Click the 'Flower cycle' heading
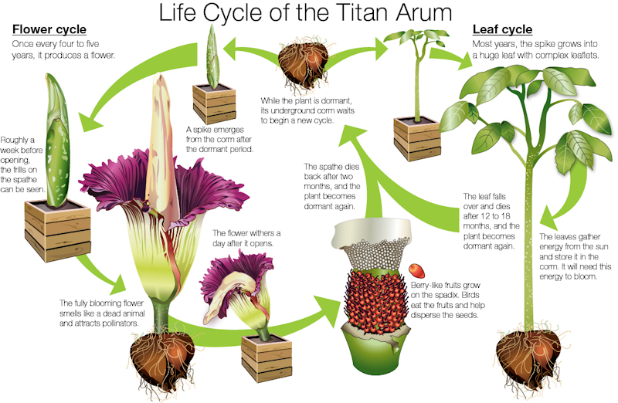tap(49, 29)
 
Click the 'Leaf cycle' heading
tap(503, 29)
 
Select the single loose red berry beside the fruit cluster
tap(416, 271)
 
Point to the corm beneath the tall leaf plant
tap(528, 361)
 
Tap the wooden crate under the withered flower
tap(267, 357)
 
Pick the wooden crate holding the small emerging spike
tap(214, 103)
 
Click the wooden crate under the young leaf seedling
tap(417, 139)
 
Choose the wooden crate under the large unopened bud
tap(57, 231)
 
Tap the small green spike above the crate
tap(212, 56)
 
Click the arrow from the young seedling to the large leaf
tap(450, 57)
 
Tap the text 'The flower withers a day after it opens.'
tap(246, 239)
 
